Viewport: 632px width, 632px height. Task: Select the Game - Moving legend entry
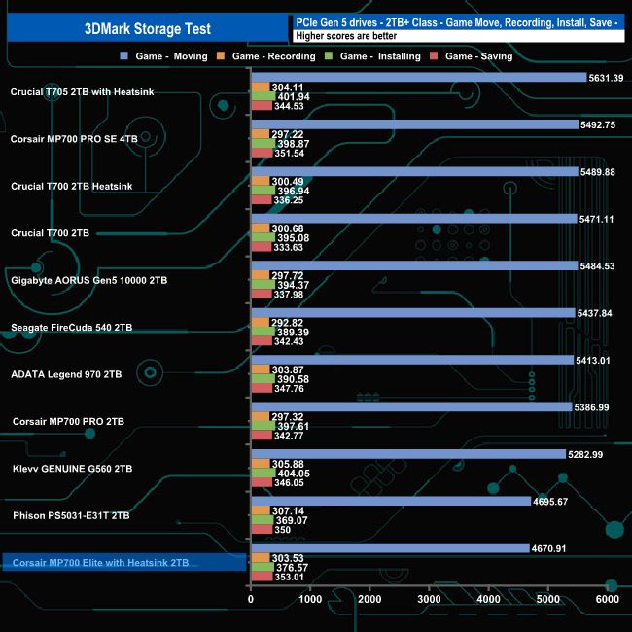170,56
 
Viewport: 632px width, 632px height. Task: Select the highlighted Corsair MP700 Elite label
100,563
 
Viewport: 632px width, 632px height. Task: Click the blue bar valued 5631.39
418,77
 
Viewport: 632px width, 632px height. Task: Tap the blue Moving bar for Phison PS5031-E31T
390,501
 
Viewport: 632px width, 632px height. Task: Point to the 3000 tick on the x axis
430,602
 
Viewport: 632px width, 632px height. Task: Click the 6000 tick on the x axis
607,602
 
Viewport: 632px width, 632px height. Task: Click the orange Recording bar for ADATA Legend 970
261,369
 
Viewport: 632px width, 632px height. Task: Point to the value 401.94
294,97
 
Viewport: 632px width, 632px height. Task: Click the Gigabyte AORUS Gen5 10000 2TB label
89,280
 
